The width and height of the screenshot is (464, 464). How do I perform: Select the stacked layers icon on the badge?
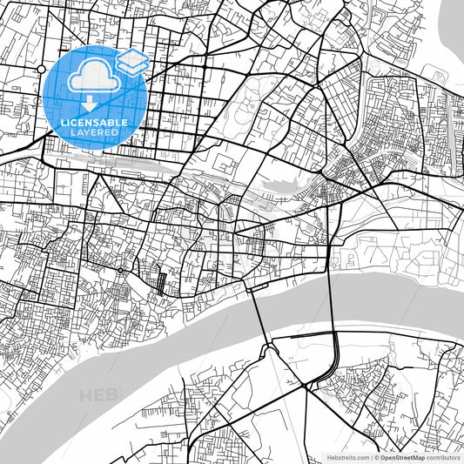(x=131, y=60)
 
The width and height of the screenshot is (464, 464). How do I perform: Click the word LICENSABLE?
(x=95, y=123)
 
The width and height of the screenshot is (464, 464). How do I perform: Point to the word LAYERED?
(x=95, y=132)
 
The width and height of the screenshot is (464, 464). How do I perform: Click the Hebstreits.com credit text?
(x=346, y=457)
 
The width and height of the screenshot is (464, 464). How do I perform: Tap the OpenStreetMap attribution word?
(x=401, y=457)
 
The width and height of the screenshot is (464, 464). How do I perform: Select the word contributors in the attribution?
(x=443, y=457)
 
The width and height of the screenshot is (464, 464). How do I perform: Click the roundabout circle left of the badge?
(x=41, y=68)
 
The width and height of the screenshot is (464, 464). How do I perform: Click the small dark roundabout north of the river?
(x=119, y=271)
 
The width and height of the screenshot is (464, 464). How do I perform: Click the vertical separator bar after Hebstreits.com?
(x=371, y=457)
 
